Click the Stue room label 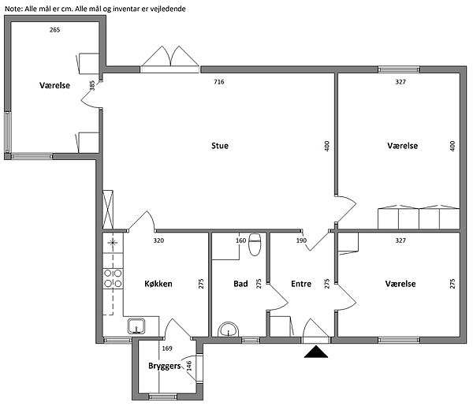coord(220,146)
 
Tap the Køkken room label coord(158,284)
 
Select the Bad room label coord(240,284)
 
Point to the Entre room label coord(301,284)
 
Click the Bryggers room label coord(165,366)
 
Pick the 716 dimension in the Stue coord(219,82)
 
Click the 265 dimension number coord(55,29)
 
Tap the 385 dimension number coord(92,85)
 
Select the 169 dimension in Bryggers coord(167,348)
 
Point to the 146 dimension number coord(189,366)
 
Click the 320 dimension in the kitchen coord(158,240)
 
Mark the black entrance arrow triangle coord(316,352)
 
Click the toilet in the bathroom coord(255,244)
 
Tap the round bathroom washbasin coord(229,330)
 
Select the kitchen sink coord(136,326)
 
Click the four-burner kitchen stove coord(113,278)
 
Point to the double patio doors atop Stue coord(170,59)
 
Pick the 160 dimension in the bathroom coord(240,240)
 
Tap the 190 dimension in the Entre coord(301,240)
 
